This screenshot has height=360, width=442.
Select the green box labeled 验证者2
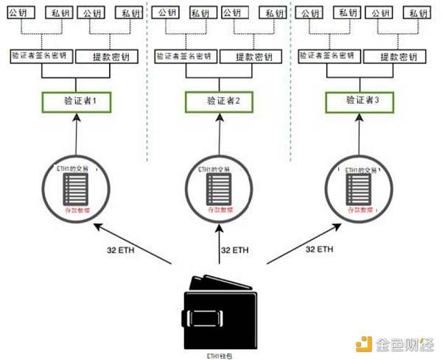(218, 102)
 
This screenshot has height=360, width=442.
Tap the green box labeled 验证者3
(362, 101)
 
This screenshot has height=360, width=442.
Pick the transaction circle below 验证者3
(362, 191)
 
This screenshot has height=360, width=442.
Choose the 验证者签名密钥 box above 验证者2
(185, 57)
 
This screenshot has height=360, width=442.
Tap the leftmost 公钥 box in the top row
(18, 13)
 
